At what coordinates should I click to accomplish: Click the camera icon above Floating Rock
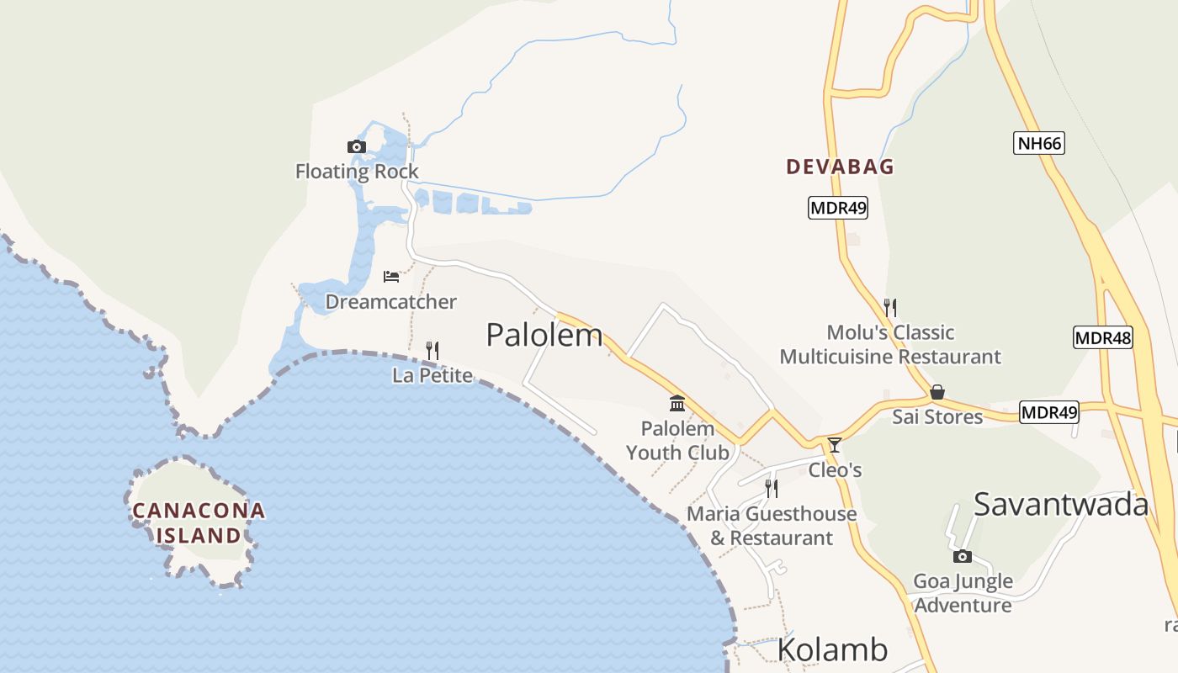[357, 147]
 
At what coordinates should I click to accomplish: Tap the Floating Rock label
[357, 172]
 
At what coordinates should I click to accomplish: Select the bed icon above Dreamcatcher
[390, 277]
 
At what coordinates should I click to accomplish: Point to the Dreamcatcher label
[390, 301]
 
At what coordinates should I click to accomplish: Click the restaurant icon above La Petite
[432, 350]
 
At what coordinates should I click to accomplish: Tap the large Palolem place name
[544, 335]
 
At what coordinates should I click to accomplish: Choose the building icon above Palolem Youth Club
[677, 404]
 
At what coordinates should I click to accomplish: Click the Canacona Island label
[199, 522]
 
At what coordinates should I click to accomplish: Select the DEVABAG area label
[840, 167]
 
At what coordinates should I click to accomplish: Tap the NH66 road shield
[1039, 143]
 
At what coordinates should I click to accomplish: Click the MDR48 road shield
[1103, 338]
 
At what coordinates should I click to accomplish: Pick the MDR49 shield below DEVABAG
[837, 208]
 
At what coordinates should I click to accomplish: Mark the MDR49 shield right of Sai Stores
[1048, 413]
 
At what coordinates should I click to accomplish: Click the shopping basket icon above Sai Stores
[937, 392]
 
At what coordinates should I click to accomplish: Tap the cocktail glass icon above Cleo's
[834, 445]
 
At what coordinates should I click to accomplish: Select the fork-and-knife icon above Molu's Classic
[890, 307]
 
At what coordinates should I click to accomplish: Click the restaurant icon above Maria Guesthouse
[771, 488]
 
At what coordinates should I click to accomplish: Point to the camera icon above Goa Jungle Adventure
[963, 556]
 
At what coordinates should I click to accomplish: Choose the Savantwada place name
[1061, 504]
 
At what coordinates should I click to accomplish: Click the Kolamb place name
[831, 649]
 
